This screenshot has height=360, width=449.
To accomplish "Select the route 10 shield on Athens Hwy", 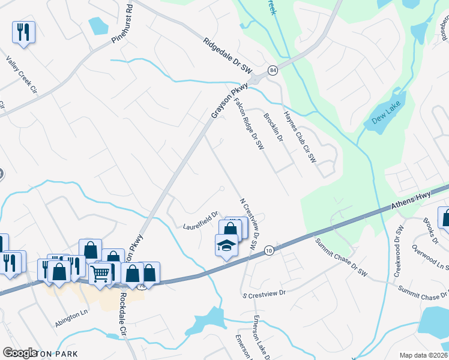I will (268, 250).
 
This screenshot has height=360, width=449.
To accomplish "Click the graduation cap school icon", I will (226, 245).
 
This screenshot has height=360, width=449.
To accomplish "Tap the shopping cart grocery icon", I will (100, 274).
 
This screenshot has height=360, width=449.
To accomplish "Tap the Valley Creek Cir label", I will (22, 74).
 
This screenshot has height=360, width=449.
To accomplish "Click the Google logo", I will (20, 353).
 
